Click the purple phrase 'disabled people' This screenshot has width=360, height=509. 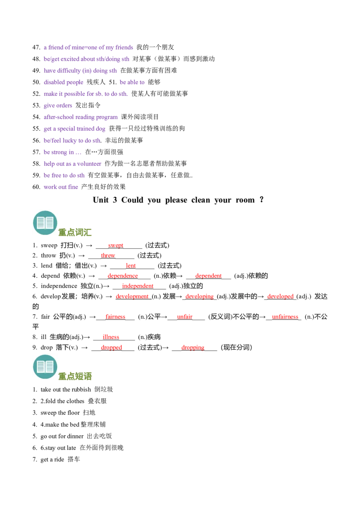pos(64,82)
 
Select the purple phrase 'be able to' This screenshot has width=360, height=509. pos(133,82)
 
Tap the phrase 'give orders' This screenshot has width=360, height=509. pos(58,106)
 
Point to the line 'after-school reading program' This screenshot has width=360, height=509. pos(81,118)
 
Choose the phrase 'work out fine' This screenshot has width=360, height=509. pos(61,187)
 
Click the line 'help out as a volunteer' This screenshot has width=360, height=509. pos(73,165)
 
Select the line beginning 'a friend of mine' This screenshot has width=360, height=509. pos(88,47)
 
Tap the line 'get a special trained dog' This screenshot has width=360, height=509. pos(75,129)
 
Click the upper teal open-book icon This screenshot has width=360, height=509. pos(45,223)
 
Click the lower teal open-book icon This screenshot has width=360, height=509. pos(45,366)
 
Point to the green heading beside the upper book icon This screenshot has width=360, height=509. pos(76,232)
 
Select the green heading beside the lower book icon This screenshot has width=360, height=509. pos(76,376)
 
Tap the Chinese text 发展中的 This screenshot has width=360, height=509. pos(244,296)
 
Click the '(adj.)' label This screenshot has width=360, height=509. pos(304,297)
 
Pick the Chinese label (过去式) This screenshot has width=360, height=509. pos(150,347)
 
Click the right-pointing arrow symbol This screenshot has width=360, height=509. pos(85,347)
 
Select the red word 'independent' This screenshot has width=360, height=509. pos(138,286)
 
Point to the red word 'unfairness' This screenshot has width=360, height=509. pos(285,316)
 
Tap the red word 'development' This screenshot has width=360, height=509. pos(132,296)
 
